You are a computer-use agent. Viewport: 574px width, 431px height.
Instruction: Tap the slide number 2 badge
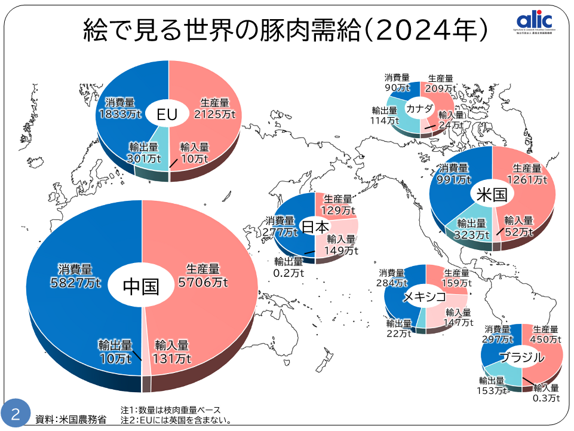[15, 414]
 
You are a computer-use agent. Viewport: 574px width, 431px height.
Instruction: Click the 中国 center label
[141, 286]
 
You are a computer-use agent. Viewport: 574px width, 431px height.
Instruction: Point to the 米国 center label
[492, 194]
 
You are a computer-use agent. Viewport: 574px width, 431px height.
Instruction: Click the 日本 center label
[314, 227]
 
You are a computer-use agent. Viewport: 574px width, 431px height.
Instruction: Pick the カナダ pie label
[419, 109]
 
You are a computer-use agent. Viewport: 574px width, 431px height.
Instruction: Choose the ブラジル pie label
[521, 358]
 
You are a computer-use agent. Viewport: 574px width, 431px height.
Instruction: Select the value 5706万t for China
[203, 282]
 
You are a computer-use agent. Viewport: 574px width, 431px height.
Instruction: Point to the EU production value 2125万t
[215, 114]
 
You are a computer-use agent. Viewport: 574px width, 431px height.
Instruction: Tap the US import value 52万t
[518, 232]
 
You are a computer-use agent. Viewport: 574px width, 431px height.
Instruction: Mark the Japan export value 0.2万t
[289, 273]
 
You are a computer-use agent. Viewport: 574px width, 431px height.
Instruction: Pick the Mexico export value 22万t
[398, 334]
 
